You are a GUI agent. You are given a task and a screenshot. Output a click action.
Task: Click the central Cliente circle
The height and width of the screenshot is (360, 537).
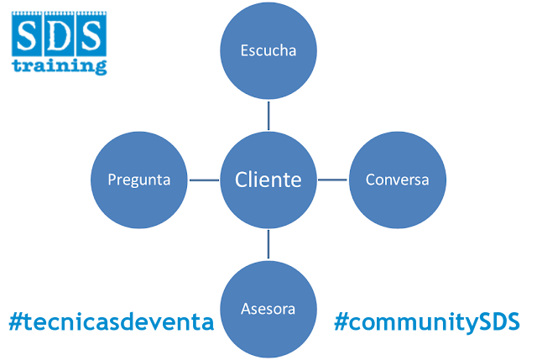point(268,180)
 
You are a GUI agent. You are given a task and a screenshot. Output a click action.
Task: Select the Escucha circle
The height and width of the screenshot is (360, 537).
point(268,52)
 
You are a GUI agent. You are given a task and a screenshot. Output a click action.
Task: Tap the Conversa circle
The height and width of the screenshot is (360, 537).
point(398,180)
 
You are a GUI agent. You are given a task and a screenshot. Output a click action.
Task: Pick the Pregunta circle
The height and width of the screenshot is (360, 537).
point(139,180)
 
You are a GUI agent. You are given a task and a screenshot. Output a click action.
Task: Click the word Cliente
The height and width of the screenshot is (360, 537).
point(268,180)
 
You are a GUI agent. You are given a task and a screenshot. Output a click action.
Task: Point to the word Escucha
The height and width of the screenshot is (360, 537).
point(268,50)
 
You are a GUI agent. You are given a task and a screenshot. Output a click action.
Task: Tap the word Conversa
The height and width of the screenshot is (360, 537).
point(398,180)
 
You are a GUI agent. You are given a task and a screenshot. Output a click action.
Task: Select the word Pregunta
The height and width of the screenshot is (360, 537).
point(139,180)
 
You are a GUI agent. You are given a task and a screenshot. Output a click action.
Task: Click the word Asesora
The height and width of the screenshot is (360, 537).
point(268,309)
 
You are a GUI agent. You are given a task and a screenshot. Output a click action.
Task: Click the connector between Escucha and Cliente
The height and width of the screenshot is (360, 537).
point(268,116)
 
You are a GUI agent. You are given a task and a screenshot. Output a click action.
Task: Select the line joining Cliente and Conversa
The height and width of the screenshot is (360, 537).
point(333,180)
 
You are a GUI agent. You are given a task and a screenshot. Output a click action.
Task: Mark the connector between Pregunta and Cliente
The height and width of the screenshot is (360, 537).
point(203,180)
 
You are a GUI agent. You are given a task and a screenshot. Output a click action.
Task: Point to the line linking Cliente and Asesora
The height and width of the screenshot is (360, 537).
point(268,243)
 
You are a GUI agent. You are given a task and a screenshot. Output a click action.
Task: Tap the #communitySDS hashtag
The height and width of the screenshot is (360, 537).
point(426,322)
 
